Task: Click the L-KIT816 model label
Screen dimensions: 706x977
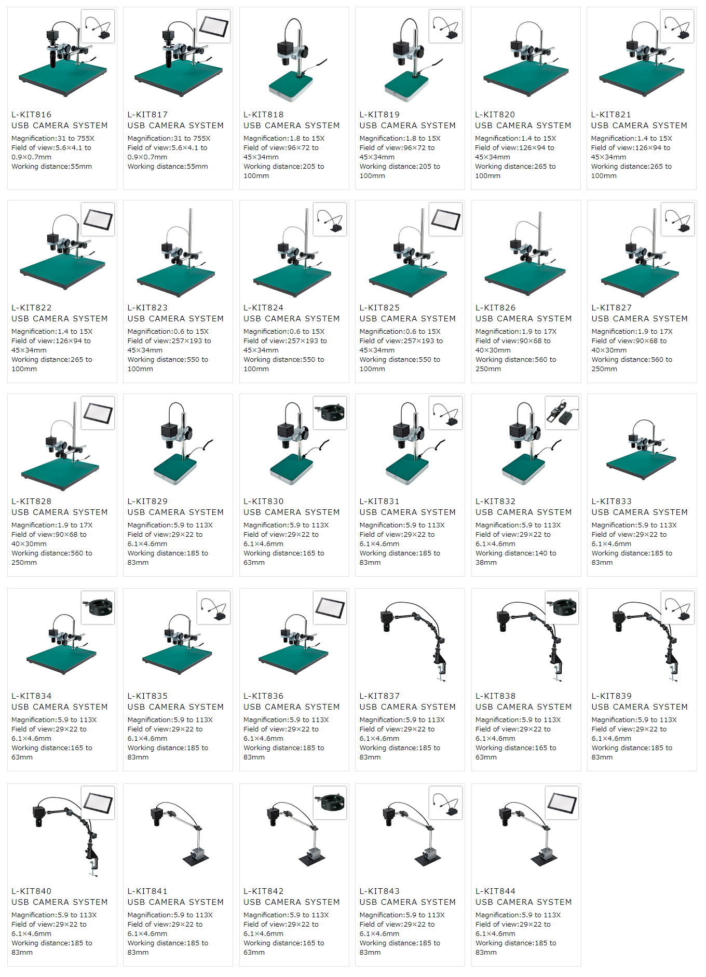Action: pyautogui.click(x=32, y=115)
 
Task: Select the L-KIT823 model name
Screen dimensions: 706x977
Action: pyautogui.click(x=147, y=308)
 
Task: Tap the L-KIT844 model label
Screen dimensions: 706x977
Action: pyautogui.click(x=495, y=891)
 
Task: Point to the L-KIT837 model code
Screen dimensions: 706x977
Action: pyautogui.click(x=379, y=696)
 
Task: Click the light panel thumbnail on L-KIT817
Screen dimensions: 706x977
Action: pyautogui.click(x=214, y=26)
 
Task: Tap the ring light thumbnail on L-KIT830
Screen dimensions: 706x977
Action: pyautogui.click(x=330, y=413)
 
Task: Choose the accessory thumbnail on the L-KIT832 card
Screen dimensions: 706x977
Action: pyautogui.click(x=562, y=413)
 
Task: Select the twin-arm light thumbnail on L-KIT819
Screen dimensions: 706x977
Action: pyautogui.click(x=446, y=26)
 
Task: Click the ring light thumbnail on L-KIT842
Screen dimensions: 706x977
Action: pyautogui.click(x=330, y=803)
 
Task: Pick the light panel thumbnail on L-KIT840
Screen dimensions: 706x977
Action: pyautogui.click(x=98, y=803)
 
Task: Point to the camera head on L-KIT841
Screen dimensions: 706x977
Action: pyautogui.click(x=157, y=816)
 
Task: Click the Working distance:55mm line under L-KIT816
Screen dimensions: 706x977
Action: pyautogui.click(x=52, y=167)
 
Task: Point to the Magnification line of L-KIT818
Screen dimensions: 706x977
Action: pyautogui.click(x=284, y=139)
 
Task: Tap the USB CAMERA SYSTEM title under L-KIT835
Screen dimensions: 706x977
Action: pyautogui.click(x=175, y=707)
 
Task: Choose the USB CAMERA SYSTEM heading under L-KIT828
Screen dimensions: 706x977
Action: pyautogui.click(x=60, y=512)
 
